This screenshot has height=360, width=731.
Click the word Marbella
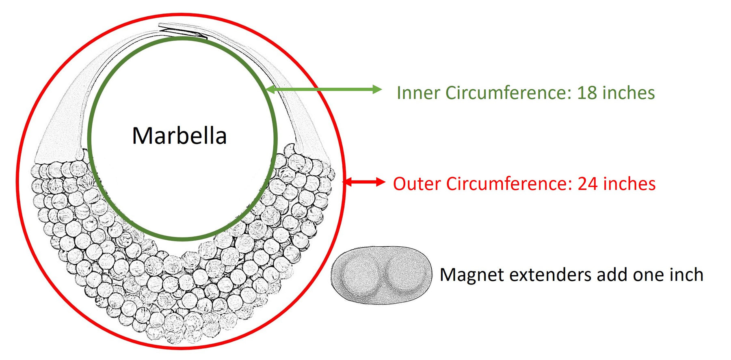[179, 136]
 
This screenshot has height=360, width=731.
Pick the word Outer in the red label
[417, 184]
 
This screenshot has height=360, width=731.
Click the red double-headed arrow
[364, 182]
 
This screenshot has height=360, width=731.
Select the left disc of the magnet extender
[360, 274]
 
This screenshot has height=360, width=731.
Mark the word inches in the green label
[629, 93]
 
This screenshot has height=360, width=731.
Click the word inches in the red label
[629, 184]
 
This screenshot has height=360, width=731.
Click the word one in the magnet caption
[647, 275]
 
